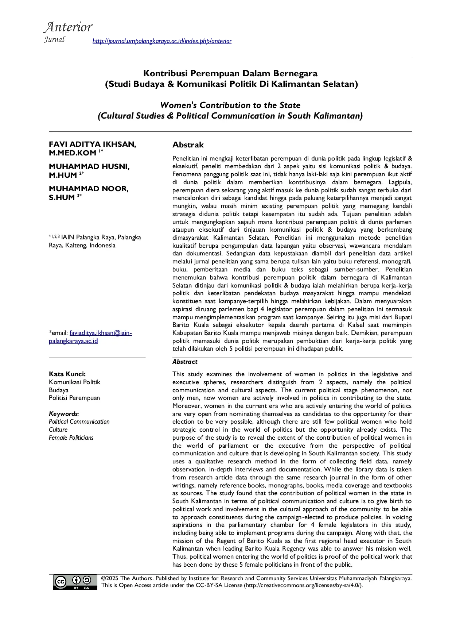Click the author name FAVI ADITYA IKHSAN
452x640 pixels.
tap(92, 144)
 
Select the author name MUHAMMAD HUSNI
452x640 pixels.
tap(89, 166)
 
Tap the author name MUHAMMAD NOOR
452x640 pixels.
tap(89, 189)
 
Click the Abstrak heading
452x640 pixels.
tap(188, 145)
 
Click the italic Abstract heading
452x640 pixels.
tap(185, 362)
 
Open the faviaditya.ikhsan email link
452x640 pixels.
tap(90, 337)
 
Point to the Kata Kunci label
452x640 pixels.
tap(67, 374)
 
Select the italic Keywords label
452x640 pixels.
tap(63, 414)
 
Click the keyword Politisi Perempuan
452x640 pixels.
tap(74, 398)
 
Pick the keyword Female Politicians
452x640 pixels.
tap(71, 437)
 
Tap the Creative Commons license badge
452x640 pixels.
tap(75, 582)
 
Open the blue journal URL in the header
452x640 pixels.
tap(162, 41)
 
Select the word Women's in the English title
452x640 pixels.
tap(178, 105)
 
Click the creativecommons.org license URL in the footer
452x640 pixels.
tap(303, 585)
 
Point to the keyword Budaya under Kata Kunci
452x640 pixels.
tap(59, 390)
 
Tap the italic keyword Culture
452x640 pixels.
tap(58, 429)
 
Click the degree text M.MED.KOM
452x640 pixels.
tap(72, 153)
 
